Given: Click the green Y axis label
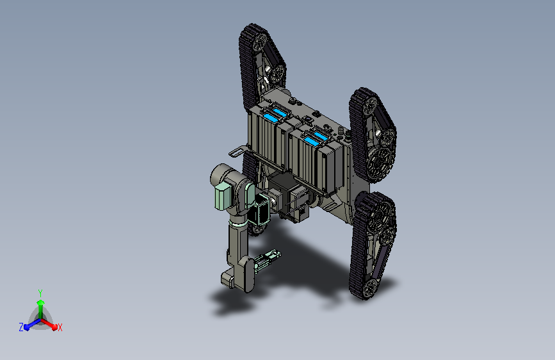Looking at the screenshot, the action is coord(40,293).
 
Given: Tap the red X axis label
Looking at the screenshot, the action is coord(60,327).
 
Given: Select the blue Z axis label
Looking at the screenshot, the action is coord(21,327).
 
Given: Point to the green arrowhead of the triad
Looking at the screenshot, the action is coord(40,303).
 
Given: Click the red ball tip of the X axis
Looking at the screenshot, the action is coord(54,327).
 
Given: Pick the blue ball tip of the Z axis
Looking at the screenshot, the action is coord(27,327).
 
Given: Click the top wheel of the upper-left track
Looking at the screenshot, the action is coord(259,42).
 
